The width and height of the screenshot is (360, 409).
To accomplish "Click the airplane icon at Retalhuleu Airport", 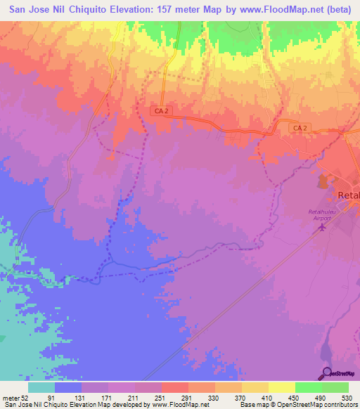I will point(324,228).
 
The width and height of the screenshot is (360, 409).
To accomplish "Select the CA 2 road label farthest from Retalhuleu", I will point(161,111).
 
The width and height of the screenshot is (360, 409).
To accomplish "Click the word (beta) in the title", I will point(335,10).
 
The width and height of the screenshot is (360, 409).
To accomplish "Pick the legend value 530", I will point(346,397).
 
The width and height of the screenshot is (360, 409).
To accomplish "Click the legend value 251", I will point(160,397).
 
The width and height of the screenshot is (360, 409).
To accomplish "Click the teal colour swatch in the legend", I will point(41,387).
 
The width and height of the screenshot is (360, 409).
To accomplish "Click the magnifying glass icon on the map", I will point(328,373).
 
